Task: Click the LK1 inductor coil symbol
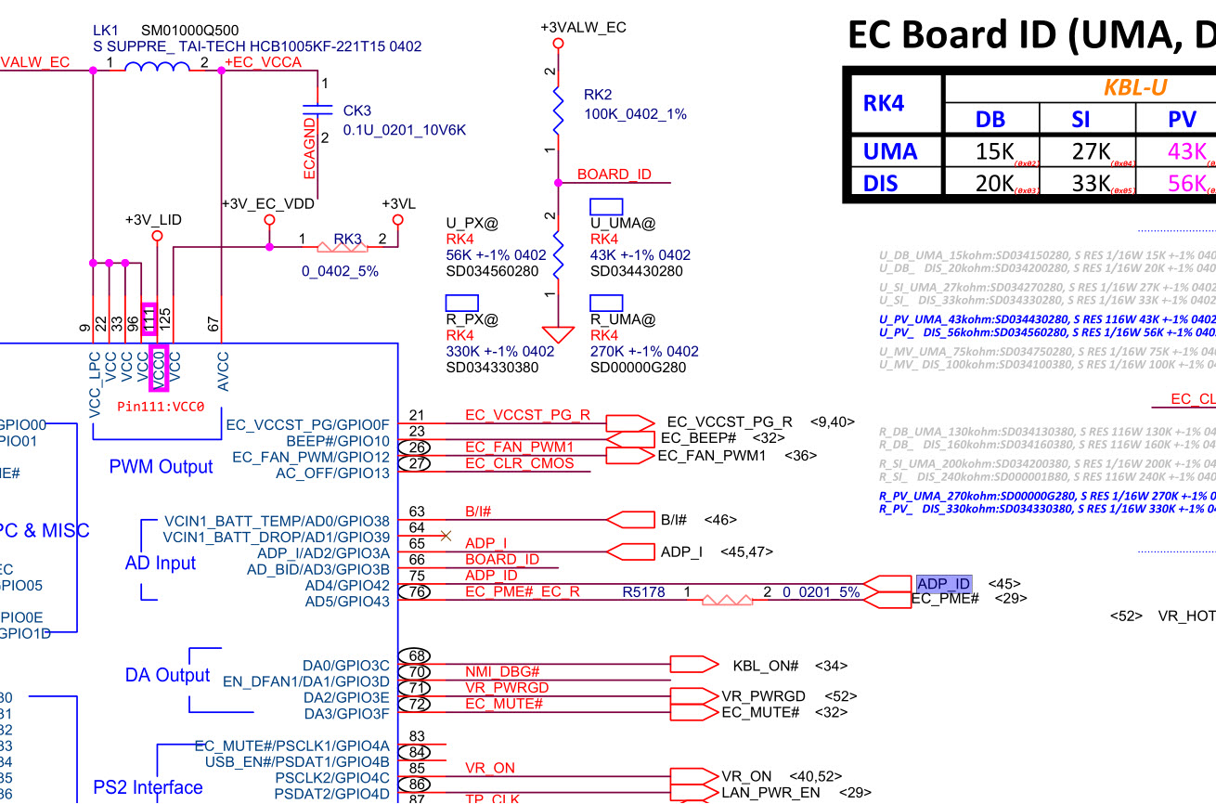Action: [157, 67]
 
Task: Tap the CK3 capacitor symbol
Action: [317, 110]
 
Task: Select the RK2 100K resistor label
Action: [635, 104]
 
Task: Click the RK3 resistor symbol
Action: [341, 247]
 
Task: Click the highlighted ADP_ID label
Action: [943, 584]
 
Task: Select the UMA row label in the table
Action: [890, 151]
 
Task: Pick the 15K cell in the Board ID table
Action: [992, 152]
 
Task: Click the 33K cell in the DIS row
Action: [1091, 183]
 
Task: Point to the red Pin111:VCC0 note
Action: [161, 407]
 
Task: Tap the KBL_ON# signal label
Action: [766, 666]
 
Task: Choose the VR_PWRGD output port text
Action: [763, 696]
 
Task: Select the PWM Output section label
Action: [161, 466]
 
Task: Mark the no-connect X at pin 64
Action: [446, 536]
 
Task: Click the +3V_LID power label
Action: [154, 220]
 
